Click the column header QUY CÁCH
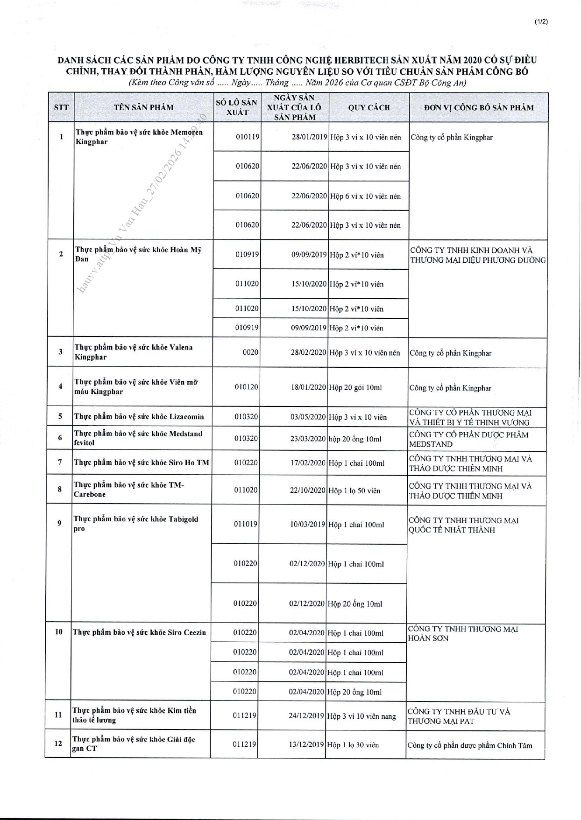coord(369,108)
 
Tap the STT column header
coord(61,108)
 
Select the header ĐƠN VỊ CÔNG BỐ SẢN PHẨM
coord(479,108)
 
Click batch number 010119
coord(248,137)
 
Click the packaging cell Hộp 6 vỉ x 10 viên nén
coord(365,196)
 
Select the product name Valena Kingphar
coord(134,352)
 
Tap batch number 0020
coord(251,352)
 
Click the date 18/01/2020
coord(308,387)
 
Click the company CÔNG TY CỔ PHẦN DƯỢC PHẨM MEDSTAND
coord(468,440)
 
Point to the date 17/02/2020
coord(308,463)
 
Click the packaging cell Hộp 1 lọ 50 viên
coord(354,491)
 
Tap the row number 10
coord(59,632)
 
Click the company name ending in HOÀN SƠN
coord(463,633)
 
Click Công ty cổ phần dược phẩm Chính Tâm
coord(469,745)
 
